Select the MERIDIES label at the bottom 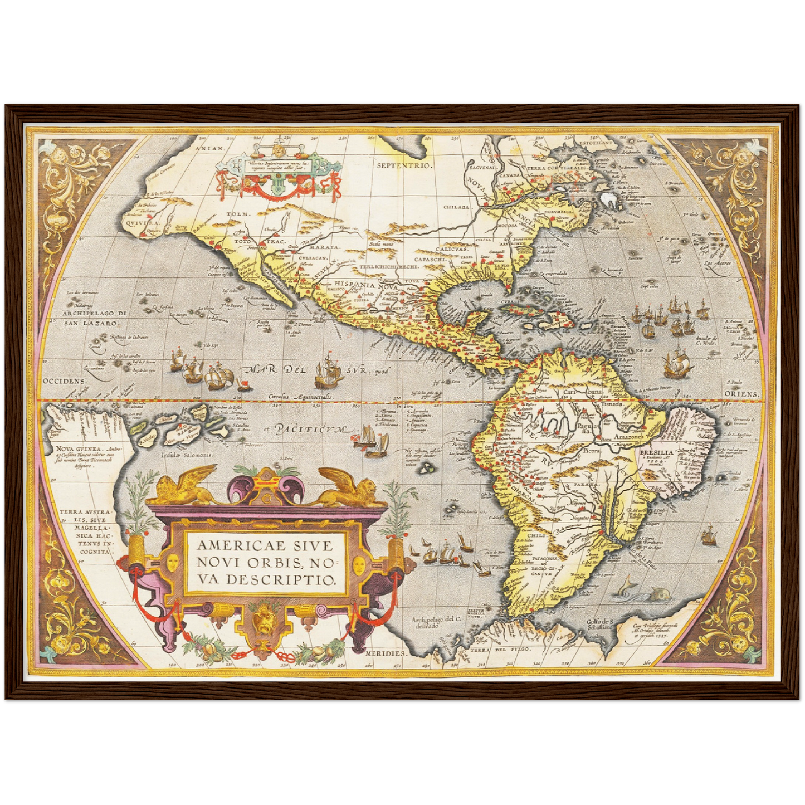point(384,652)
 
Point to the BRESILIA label point(657,453)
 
